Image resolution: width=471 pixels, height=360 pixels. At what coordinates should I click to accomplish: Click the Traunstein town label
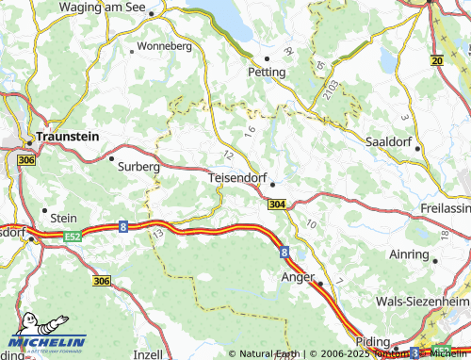(x=72, y=137)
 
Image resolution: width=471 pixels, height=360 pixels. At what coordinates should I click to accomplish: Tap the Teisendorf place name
(x=235, y=175)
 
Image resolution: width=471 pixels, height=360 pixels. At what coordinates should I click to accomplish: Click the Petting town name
(x=266, y=71)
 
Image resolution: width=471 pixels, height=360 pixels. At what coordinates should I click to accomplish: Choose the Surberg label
(x=139, y=166)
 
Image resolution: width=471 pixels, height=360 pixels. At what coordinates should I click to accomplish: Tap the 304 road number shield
(x=277, y=204)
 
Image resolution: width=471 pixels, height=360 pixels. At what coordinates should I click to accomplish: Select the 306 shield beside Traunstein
(x=25, y=161)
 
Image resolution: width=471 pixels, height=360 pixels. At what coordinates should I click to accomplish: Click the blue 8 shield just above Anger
(x=284, y=252)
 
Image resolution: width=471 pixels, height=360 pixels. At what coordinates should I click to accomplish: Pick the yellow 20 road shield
(x=436, y=60)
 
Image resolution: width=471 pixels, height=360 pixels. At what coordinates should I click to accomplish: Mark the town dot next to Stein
(x=44, y=210)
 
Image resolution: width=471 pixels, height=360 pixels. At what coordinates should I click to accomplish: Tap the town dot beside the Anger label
(x=319, y=283)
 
